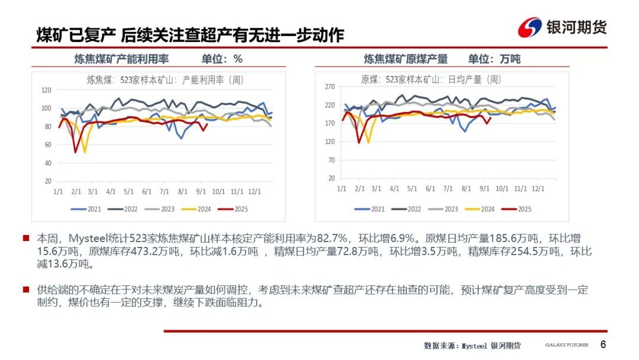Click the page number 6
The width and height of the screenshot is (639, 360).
(603, 345)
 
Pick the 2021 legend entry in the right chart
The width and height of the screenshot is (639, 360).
(372, 209)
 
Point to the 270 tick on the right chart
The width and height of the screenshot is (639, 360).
(330, 86)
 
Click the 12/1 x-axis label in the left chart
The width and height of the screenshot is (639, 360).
(255, 192)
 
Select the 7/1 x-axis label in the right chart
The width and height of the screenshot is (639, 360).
(449, 188)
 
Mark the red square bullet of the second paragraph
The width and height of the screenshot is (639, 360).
(26, 290)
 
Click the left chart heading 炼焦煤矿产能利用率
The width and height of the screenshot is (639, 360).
(121, 59)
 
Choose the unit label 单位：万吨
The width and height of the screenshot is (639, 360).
(494, 59)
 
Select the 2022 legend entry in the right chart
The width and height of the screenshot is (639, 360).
(408, 209)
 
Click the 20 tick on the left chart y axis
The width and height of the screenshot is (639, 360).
(47, 181)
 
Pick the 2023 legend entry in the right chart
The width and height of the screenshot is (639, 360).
(444, 209)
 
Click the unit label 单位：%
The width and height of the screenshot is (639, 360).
(222, 59)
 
